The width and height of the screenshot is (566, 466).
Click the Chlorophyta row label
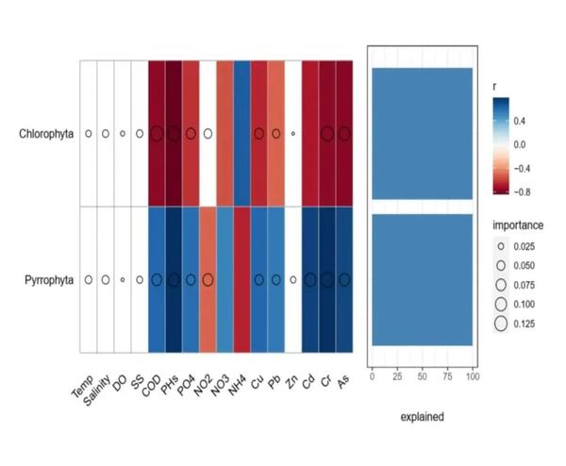pyautogui.click(x=46, y=134)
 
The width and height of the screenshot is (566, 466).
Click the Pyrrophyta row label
pyautogui.click(x=48, y=279)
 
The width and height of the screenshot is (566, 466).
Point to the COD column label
pyautogui.click(x=150, y=383)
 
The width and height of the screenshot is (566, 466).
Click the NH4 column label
pyautogui.click(x=236, y=383)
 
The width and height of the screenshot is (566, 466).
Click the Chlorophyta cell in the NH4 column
pyautogui.click(x=241, y=134)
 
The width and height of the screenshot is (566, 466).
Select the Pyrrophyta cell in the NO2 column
pyautogui.click(x=208, y=279)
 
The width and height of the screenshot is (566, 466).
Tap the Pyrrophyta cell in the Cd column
pyautogui.click(x=310, y=279)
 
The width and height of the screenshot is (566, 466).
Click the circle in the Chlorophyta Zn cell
pyautogui.click(x=293, y=134)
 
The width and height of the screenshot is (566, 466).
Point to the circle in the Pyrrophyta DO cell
pyautogui.click(x=123, y=280)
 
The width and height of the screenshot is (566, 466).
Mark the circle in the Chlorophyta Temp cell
pyautogui.click(x=88, y=134)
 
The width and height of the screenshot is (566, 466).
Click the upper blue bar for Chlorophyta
pyautogui.click(x=422, y=133)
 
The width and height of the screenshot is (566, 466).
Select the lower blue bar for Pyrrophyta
pyautogui.click(x=422, y=280)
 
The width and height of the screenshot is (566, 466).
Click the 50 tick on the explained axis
pyautogui.click(x=422, y=377)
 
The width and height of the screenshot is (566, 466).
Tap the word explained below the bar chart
pyautogui.click(x=422, y=415)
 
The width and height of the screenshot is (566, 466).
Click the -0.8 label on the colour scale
pyautogui.click(x=523, y=191)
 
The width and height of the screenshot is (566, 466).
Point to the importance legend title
pyautogui.click(x=518, y=225)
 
